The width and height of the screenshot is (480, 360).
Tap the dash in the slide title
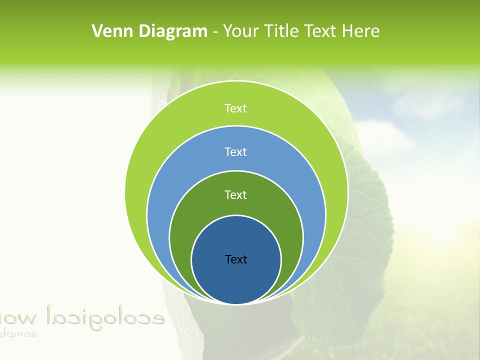215,32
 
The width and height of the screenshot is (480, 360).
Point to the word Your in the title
241,31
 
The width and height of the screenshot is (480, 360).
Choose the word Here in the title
360,31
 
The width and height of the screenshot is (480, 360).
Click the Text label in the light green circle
235,108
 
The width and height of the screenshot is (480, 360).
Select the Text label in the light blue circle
235,151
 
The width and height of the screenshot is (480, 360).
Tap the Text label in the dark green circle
235,194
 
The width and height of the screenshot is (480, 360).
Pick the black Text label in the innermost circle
236,259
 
